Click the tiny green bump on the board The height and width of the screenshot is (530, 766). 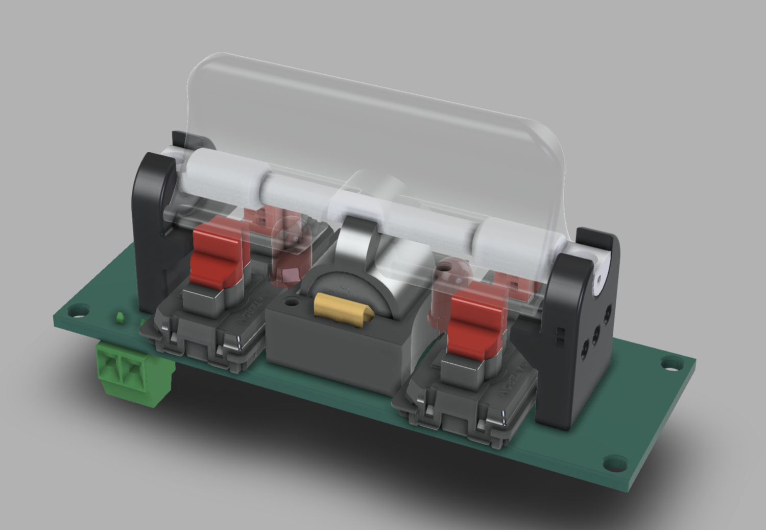(x=121, y=317)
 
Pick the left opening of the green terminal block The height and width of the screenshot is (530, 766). (x=109, y=367)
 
